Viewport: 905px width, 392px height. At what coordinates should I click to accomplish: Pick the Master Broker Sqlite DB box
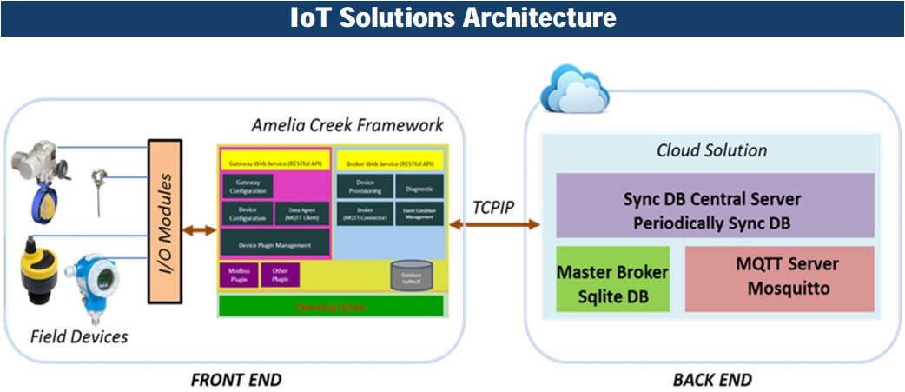click(612, 279)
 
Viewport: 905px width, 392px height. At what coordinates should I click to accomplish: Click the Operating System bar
click(331, 306)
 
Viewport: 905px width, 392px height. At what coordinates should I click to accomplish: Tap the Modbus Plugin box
click(239, 275)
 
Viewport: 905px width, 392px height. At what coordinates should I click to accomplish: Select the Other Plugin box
click(280, 275)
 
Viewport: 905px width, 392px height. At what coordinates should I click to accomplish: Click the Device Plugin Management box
click(274, 243)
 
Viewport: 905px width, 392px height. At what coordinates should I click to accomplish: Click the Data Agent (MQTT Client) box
click(301, 214)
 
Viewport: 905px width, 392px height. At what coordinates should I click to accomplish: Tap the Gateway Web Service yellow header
click(274, 162)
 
